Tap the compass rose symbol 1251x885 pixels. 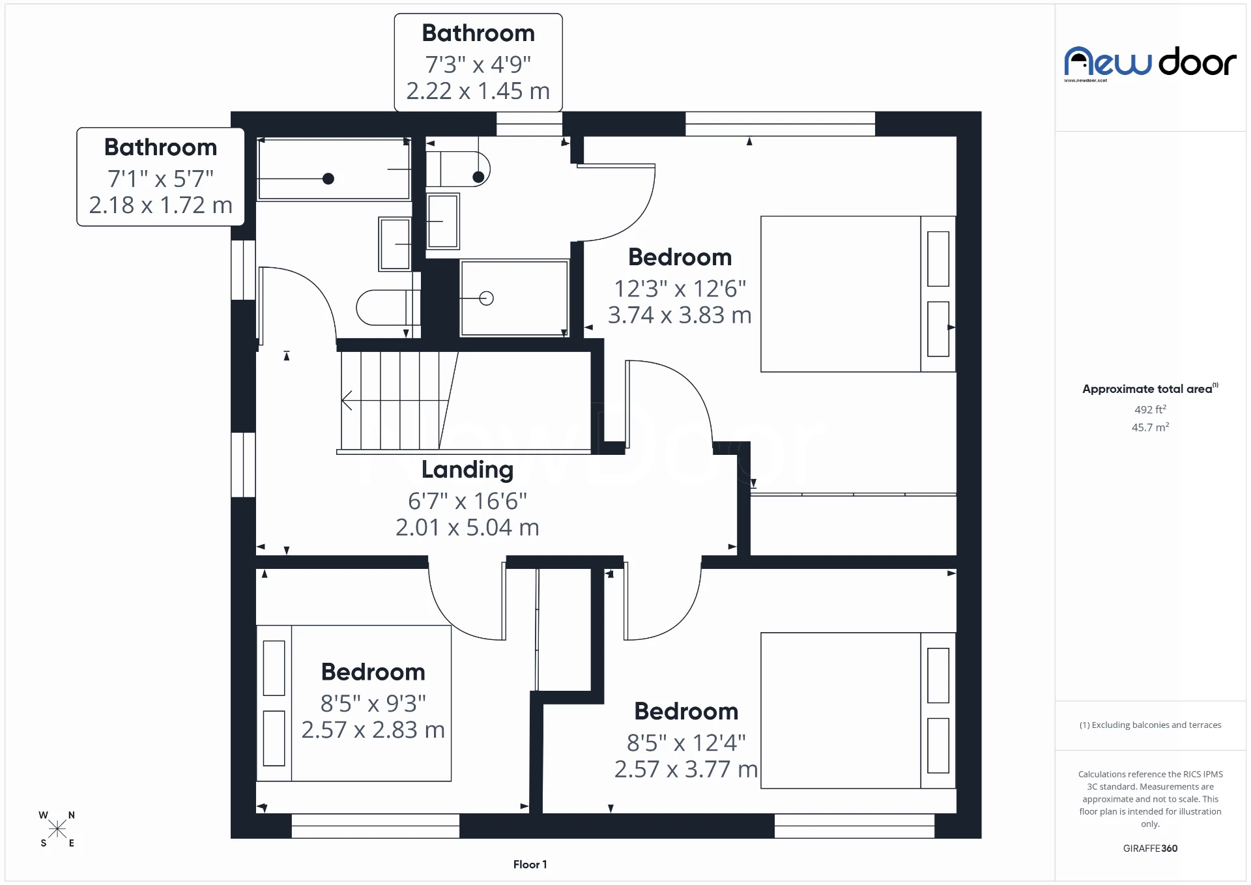click(57, 829)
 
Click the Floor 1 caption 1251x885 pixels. click(530, 864)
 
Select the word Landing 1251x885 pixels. click(467, 469)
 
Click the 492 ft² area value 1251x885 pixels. click(1150, 409)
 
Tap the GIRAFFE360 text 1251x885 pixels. click(1150, 848)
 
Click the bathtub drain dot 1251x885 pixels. click(328, 179)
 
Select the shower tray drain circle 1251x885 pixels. click(486, 298)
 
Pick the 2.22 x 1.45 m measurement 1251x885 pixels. click(478, 91)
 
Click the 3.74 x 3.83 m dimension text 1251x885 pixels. click(680, 315)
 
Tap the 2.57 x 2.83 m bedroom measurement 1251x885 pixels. click(373, 730)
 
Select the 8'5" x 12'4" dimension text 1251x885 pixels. click(686, 742)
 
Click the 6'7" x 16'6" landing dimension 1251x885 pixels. click(467, 501)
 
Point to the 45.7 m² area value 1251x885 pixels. click(1150, 428)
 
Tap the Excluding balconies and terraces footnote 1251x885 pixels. click(1150, 725)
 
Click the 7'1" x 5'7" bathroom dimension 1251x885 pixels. click(160, 179)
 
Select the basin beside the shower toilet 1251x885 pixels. click(443, 221)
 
